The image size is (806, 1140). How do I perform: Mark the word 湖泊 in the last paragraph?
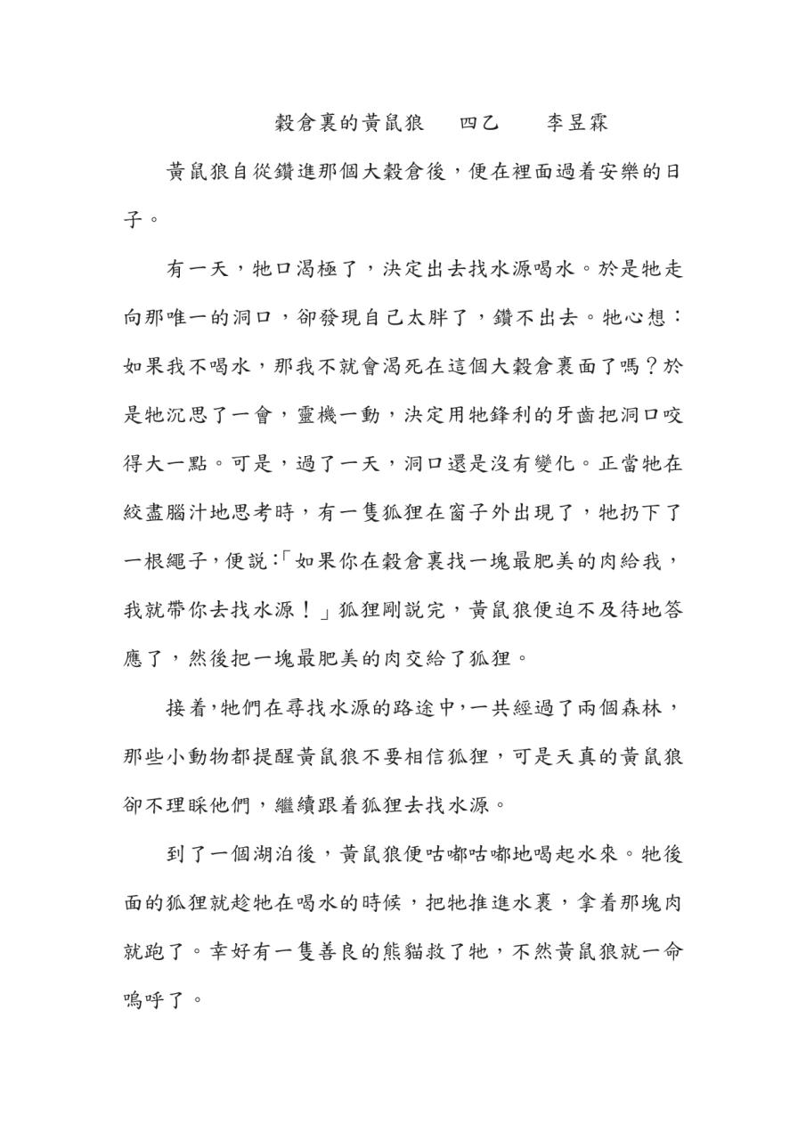[273, 853]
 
